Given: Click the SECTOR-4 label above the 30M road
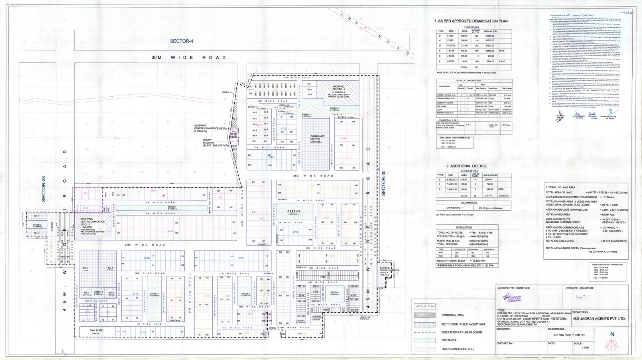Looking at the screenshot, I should pos(181,41).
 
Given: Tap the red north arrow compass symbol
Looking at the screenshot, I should pos(612,344).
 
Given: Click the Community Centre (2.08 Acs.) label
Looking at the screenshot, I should pos(317,139).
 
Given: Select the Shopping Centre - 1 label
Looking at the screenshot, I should pos(338,89).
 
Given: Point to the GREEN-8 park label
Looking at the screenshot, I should pos(294,212).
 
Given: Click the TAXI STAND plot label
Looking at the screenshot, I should pos(96,331).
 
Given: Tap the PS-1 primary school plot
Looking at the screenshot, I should pos(110,268).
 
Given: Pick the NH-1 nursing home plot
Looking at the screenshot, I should pos(37,216).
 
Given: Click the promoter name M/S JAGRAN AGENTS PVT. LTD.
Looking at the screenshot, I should pos(599,319).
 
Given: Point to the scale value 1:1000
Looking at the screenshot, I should pos(584,348).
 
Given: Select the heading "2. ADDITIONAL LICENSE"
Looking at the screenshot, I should pos(467,166).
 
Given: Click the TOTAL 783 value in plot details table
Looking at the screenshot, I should pos(476,67).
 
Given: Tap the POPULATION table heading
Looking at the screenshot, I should pos(464,227).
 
